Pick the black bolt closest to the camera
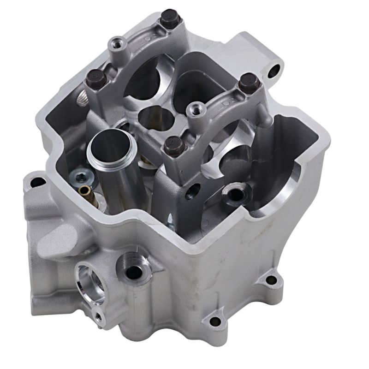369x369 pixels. click(174, 146)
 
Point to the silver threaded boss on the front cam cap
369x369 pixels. click(197, 109)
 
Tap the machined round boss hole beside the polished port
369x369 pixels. click(133, 270)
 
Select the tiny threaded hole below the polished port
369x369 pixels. click(97, 315)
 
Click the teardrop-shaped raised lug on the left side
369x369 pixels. click(58, 238)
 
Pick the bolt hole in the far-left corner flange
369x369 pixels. click(36, 182)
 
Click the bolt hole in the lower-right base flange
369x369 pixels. click(271, 280)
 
